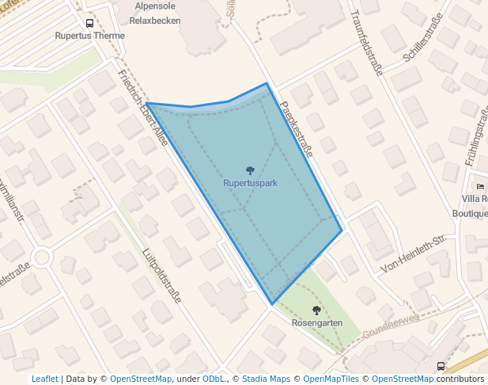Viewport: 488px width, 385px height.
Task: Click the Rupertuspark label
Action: click(x=250, y=183)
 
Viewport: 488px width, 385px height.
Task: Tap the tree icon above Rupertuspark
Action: click(x=250, y=170)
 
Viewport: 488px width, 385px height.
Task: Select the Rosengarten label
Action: click(x=317, y=323)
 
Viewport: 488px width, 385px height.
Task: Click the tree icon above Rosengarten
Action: click(x=317, y=311)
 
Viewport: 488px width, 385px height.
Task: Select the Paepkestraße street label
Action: click(x=296, y=127)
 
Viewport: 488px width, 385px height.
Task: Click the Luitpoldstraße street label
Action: click(x=161, y=275)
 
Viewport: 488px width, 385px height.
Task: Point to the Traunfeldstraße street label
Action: click(x=365, y=44)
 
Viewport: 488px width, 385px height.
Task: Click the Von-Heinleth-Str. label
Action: click(x=414, y=253)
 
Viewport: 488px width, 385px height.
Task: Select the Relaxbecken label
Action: click(x=154, y=21)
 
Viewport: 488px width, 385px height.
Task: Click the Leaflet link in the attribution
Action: click(x=45, y=379)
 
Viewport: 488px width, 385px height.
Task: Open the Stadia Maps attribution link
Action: click(x=266, y=379)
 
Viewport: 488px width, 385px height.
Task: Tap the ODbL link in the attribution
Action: click(x=214, y=379)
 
